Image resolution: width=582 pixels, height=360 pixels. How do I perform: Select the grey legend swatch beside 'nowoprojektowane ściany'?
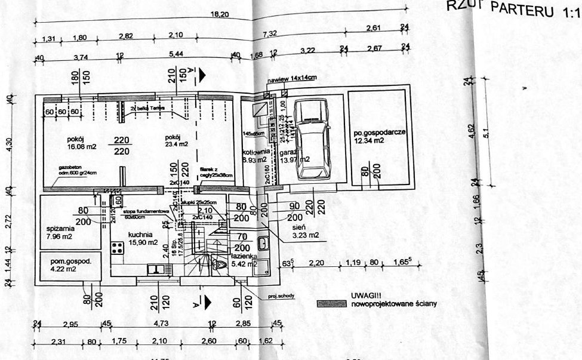(331, 304)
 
